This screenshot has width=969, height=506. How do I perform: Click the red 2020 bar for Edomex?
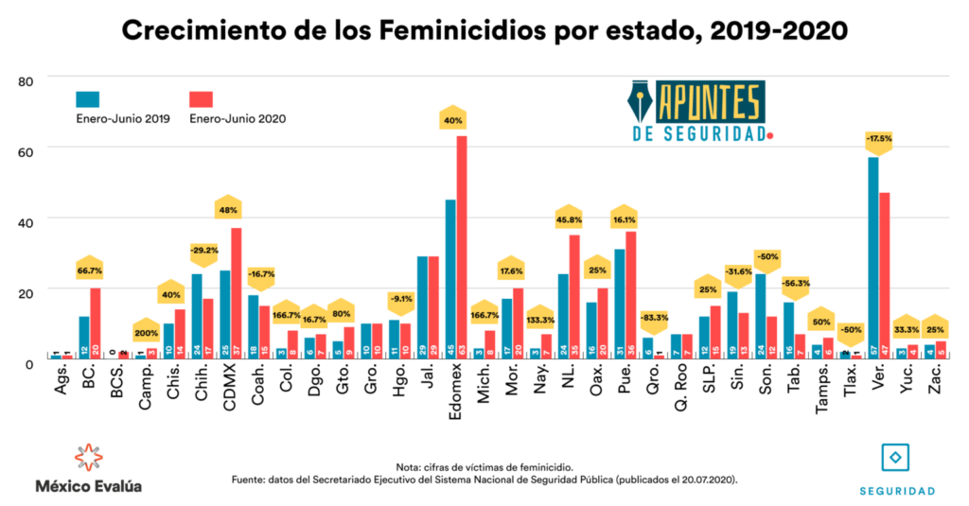click(462, 246)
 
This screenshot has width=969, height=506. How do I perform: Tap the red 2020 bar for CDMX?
click(236, 292)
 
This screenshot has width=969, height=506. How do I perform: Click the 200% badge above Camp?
click(146, 333)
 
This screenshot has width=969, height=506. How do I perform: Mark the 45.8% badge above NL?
click(568, 220)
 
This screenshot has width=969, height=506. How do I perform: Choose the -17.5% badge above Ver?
click(878, 138)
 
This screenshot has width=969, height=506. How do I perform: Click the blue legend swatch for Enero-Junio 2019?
click(88, 99)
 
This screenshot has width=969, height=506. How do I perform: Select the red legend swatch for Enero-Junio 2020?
click(201, 99)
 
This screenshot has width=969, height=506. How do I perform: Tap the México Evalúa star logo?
click(88, 457)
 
